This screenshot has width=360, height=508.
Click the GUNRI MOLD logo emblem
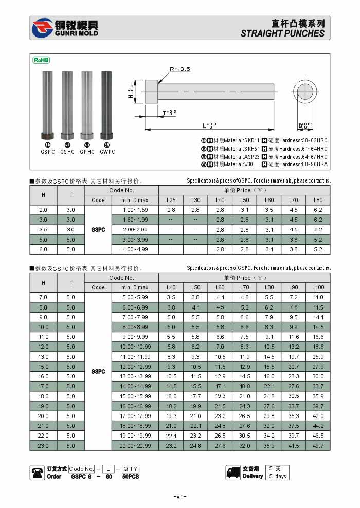tap(43, 28)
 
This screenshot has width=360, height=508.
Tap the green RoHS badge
tap(41, 60)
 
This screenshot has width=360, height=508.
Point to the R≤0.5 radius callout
tap(180, 69)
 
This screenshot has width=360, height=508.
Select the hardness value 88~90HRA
tap(310, 164)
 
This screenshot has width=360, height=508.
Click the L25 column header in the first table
tap(171, 200)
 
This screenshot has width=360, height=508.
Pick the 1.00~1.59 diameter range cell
tap(135, 210)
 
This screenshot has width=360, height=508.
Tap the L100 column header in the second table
tap(318, 287)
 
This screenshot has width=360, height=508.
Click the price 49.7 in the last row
tap(318, 446)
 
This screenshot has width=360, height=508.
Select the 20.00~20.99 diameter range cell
tap(135, 446)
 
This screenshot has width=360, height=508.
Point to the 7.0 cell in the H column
tap(43, 297)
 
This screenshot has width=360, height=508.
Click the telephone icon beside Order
tap(38, 473)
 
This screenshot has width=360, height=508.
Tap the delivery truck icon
tap(233, 473)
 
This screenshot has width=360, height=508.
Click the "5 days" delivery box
tap(278, 476)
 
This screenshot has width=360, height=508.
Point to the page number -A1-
tap(180, 497)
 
